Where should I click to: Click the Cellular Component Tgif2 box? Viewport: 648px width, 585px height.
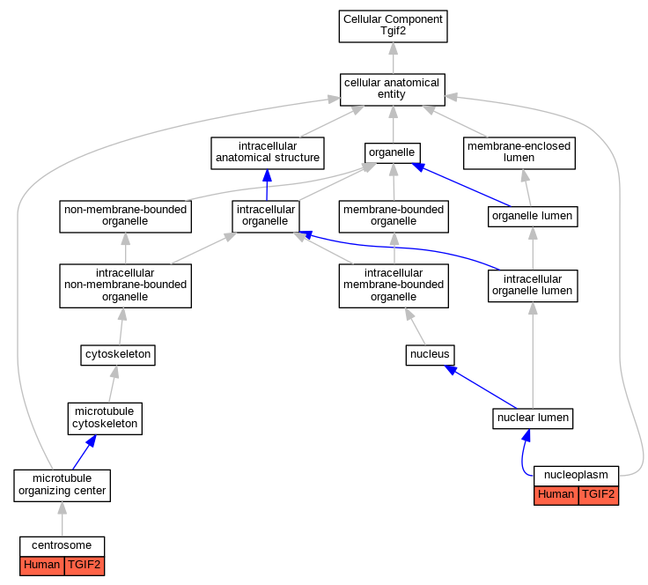[x=393, y=26]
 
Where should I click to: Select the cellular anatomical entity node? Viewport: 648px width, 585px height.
[x=392, y=90]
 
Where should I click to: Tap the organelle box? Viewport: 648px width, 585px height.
[x=392, y=153]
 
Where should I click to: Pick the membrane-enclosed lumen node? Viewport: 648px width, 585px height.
[x=519, y=153]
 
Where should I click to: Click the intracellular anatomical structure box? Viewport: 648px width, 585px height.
[x=268, y=153]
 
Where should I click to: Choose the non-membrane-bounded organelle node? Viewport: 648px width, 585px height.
[x=125, y=217]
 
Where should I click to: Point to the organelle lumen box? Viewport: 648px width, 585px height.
[x=533, y=217]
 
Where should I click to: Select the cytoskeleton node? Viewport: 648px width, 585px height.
[x=118, y=355]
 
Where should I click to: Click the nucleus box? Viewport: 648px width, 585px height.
[x=430, y=355]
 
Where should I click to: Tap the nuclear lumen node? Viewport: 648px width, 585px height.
[x=533, y=418]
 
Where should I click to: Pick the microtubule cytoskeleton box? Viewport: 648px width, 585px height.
[x=105, y=418]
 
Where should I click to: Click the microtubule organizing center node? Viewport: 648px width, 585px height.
[x=62, y=485]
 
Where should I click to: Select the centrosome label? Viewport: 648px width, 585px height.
[x=62, y=546]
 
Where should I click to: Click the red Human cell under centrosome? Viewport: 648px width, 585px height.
[x=42, y=566]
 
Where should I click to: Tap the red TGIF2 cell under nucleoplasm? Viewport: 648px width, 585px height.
[x=599, y=495]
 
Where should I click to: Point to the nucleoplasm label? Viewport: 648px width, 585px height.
[x=576, y=476]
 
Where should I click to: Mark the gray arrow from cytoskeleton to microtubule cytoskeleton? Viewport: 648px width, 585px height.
[x=113, y=383]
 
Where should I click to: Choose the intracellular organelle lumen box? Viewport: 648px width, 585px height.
[x=533, y=285]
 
